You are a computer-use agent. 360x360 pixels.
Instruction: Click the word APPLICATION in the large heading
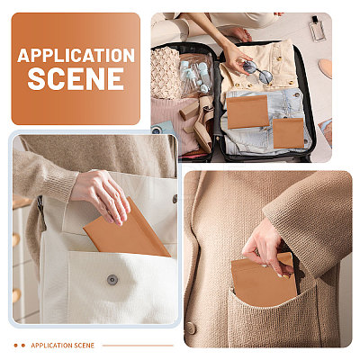76,56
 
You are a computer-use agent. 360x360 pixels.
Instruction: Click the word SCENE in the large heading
76,78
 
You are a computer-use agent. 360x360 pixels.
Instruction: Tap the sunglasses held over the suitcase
257,71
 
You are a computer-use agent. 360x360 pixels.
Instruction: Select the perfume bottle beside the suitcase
317,29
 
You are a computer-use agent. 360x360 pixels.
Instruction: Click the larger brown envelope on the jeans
247,112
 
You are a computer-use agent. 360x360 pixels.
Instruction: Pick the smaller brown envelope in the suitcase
289,133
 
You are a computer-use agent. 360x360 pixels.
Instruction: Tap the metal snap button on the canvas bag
112,280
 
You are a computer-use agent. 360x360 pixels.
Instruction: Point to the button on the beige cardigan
191,328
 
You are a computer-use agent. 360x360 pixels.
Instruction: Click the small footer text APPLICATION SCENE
62,346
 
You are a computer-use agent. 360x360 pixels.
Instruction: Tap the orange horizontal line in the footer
138,346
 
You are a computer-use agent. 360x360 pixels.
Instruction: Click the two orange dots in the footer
20,346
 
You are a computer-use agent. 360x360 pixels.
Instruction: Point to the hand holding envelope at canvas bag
101,196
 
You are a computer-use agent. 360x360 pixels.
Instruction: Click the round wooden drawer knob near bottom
16,295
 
